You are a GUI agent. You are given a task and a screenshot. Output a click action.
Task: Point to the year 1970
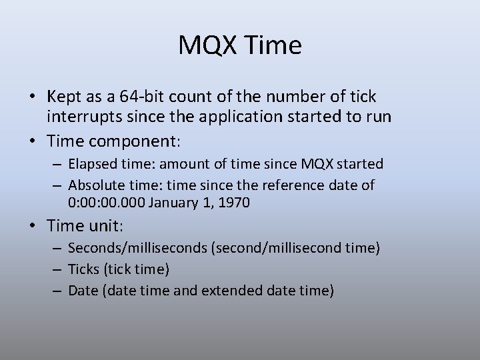pos(234,203)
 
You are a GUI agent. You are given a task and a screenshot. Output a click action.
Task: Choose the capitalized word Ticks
pos(83,269)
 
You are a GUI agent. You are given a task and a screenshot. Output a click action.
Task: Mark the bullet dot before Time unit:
pos(32,227)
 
